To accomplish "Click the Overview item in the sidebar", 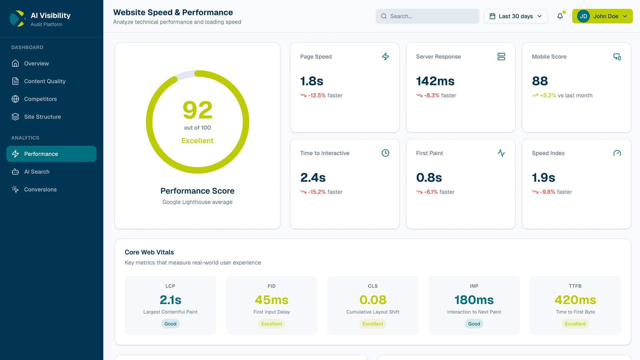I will [36, 64].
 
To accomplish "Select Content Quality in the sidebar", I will [44, 81].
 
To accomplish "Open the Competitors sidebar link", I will [40, 99].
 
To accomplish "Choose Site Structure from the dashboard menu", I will [42, 117].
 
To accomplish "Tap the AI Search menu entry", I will [36, 172].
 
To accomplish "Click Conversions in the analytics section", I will [40, 190].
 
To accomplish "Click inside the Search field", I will [427, 16].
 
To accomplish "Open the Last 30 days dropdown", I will [516, 16].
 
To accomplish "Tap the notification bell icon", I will [560, 16].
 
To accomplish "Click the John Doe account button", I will [602, 16].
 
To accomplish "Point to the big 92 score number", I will [197, 110].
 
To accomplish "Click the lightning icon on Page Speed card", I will [385, 57].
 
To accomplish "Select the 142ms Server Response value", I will [435, 81].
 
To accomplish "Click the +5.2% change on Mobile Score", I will [548, 96].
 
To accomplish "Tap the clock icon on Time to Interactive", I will [385, 153].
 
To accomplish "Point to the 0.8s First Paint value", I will [429, 178].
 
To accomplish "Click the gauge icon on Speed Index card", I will [617, 153].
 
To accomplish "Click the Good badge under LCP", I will [170, 324].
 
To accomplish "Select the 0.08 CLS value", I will [373, 300].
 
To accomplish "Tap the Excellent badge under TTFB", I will [575, 324].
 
